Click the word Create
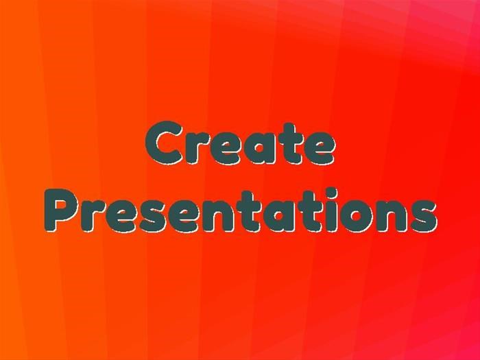pos(240,143)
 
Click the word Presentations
pos(241,211)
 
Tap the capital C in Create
pos(164,143)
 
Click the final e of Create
pos(319,149)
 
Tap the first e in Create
pos(225,149)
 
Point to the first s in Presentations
pos(150,216)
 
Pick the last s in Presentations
pos(423,216)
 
